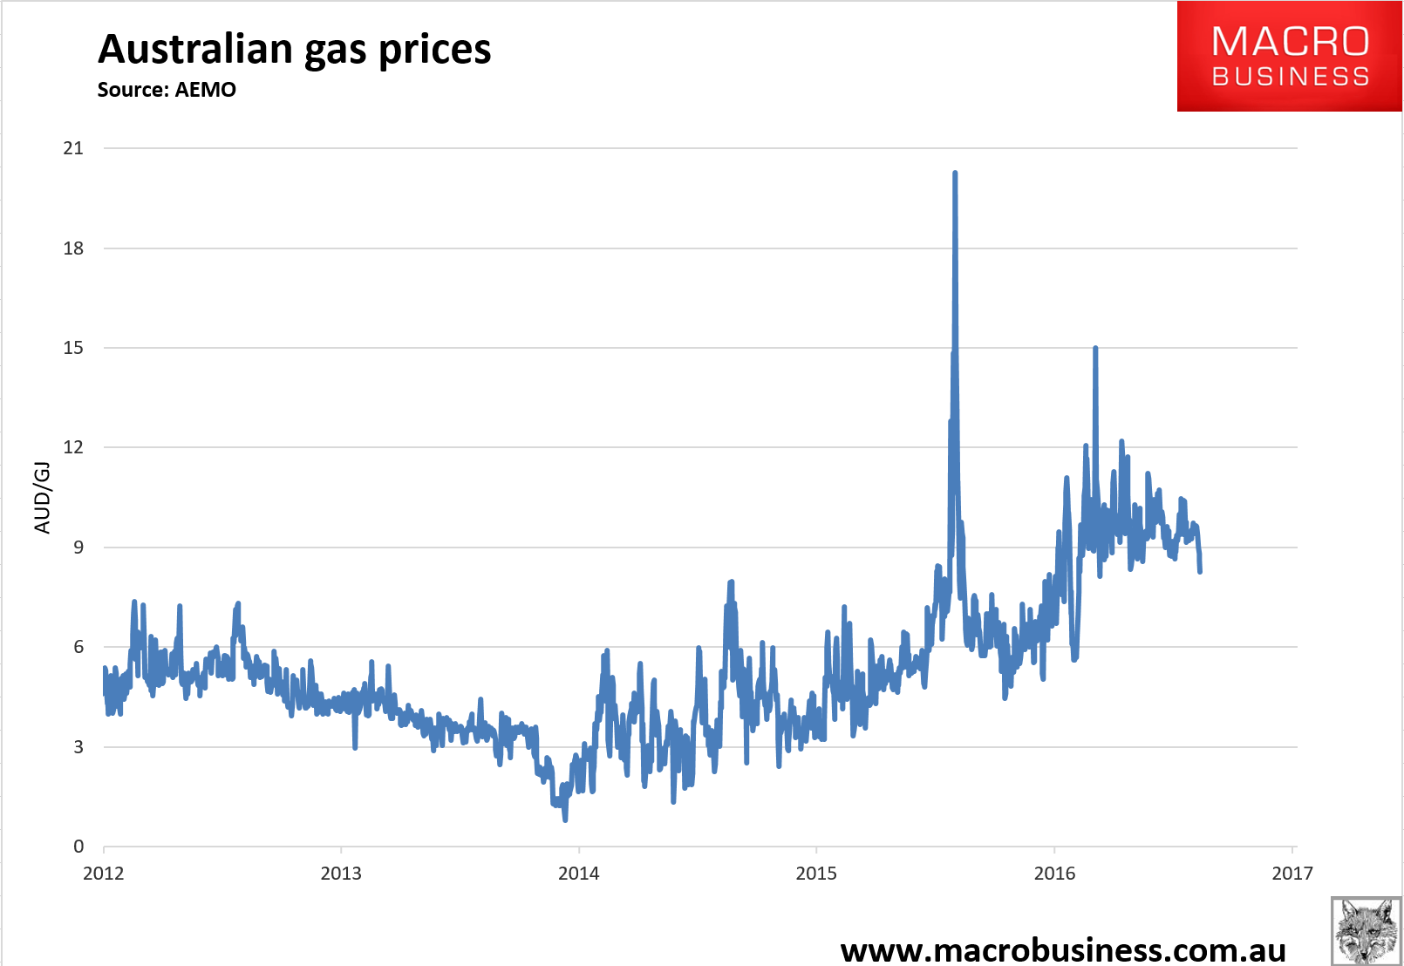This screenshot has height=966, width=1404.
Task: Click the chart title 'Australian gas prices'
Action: [x=294, y=49]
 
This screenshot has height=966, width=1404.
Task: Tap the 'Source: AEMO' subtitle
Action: [x=167, y=90]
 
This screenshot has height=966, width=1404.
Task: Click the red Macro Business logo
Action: [x=1289, y=57]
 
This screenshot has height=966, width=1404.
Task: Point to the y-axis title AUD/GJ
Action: [x=42, y=497]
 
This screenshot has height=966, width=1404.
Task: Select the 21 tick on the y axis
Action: [x=73, y=148]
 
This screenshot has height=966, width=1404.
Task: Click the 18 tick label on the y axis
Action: [x=73, y=248]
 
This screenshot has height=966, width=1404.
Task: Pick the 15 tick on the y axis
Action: [x=73, y=348]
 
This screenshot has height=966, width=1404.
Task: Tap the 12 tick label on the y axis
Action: [x=73, y=447]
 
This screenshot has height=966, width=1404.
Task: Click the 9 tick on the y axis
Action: [x=78, y=548]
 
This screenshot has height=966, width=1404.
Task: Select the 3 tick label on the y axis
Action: [x=78, y=747]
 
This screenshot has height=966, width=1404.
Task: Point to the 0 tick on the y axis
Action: [x=78, y=847]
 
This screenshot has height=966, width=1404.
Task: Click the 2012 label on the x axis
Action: [x=104, y=874]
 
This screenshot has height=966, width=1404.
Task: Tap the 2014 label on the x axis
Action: [x=579, y=874]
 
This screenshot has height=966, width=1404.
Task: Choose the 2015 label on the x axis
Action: [x=816, y=874]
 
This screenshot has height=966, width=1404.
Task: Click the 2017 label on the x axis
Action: [x=1292, y=874]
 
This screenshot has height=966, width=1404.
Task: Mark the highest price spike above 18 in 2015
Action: [x=955, y=173]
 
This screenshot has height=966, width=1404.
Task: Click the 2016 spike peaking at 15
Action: [x=1095, y=349]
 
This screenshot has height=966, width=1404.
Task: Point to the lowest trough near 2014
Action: [x=565, y=819]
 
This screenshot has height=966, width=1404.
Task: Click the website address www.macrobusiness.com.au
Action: [x=1063, y=949]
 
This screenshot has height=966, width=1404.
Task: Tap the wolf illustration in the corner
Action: [x=1366, y=930]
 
